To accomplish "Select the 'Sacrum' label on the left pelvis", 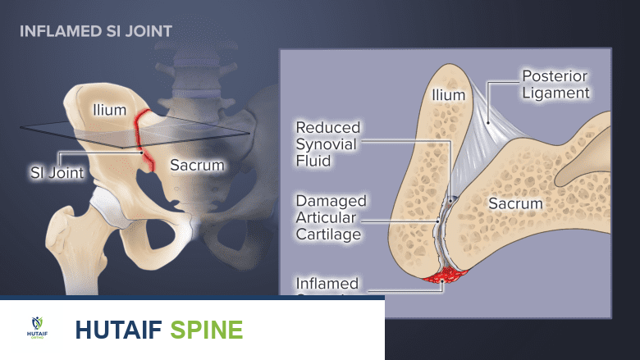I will point(197,165).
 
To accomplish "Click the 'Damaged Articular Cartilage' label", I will point(331,217).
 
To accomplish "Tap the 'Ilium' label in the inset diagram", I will point(448,95).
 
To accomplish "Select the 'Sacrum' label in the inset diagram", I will point(516,203).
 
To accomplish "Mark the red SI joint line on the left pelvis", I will point(143,135).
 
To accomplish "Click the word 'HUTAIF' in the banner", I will point(118,330).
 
